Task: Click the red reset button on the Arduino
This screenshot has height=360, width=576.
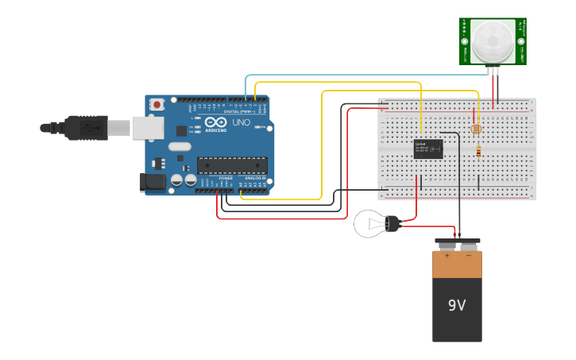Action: pyautogui.click(x=157, y=104)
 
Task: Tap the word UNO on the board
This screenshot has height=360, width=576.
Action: pyautogui.click(x=240, y=123)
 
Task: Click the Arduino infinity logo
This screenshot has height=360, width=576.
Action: pyautogui.click(x=215, y=122)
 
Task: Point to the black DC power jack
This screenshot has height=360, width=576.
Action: pyautogui.click(x=152, y=182)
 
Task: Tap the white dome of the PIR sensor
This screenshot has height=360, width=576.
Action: pyautogui.click(x=493, y=41)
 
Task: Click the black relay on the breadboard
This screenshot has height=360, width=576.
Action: pyautogui.click(x=428, y=149)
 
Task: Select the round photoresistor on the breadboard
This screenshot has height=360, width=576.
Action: pyautogui.click(x=477, y=128)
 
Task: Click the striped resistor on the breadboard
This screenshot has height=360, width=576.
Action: pyautogui.click(x=477, y=151)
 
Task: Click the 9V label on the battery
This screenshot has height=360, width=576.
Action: pyautogui.click(x=457, y=305)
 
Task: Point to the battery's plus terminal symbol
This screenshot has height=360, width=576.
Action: pyautogui.click(x=446, y=256)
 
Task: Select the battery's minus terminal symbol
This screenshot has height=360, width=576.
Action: pyautogui.click(x=468, y=256)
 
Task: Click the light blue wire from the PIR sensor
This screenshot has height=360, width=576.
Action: pyautogui.click(x=358, y=75)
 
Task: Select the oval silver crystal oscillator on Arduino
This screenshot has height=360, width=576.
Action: pyautogui.click(x=180, y=145)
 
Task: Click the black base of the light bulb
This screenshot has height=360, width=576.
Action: pyautogui.click(x=393, y=224)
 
